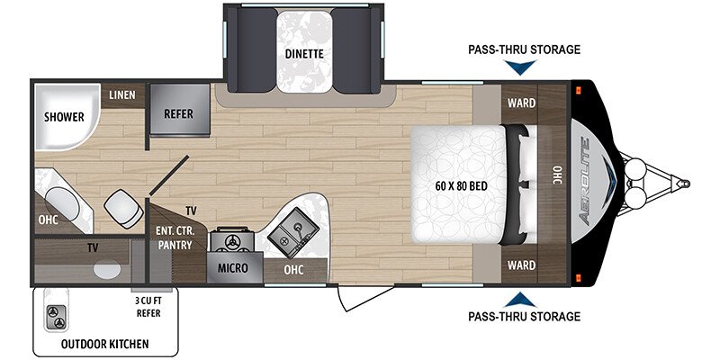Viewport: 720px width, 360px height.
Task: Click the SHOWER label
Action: [x=64, y=117]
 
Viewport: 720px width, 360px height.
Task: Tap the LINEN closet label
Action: [x=122, y=95]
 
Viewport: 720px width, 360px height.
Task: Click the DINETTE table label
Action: [x=304, y=54]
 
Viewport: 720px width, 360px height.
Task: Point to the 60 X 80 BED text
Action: [x=462, y=186]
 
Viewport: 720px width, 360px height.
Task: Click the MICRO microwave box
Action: [x=234, y=267]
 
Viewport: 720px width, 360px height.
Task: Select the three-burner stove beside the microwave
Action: [x=232, y=239]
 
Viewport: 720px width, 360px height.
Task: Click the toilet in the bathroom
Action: [x=123, y=209]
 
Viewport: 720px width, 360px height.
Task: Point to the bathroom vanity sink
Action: [x=62, y=203]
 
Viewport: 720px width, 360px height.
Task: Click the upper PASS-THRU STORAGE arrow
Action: [x=523, y=67]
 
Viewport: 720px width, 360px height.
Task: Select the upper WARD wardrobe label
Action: [x=521, y=103]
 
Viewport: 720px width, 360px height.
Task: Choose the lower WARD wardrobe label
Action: [x=521, y=265]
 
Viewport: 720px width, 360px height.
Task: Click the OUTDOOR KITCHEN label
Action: [x=105, y=344]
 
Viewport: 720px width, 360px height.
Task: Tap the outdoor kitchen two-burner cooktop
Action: [x=56, y=317]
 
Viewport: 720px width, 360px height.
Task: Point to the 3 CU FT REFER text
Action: [x=148, y=308]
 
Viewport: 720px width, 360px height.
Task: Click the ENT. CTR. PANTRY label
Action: [x=175, y=238]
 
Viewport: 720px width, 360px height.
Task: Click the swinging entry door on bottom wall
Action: [x=365, y=298]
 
